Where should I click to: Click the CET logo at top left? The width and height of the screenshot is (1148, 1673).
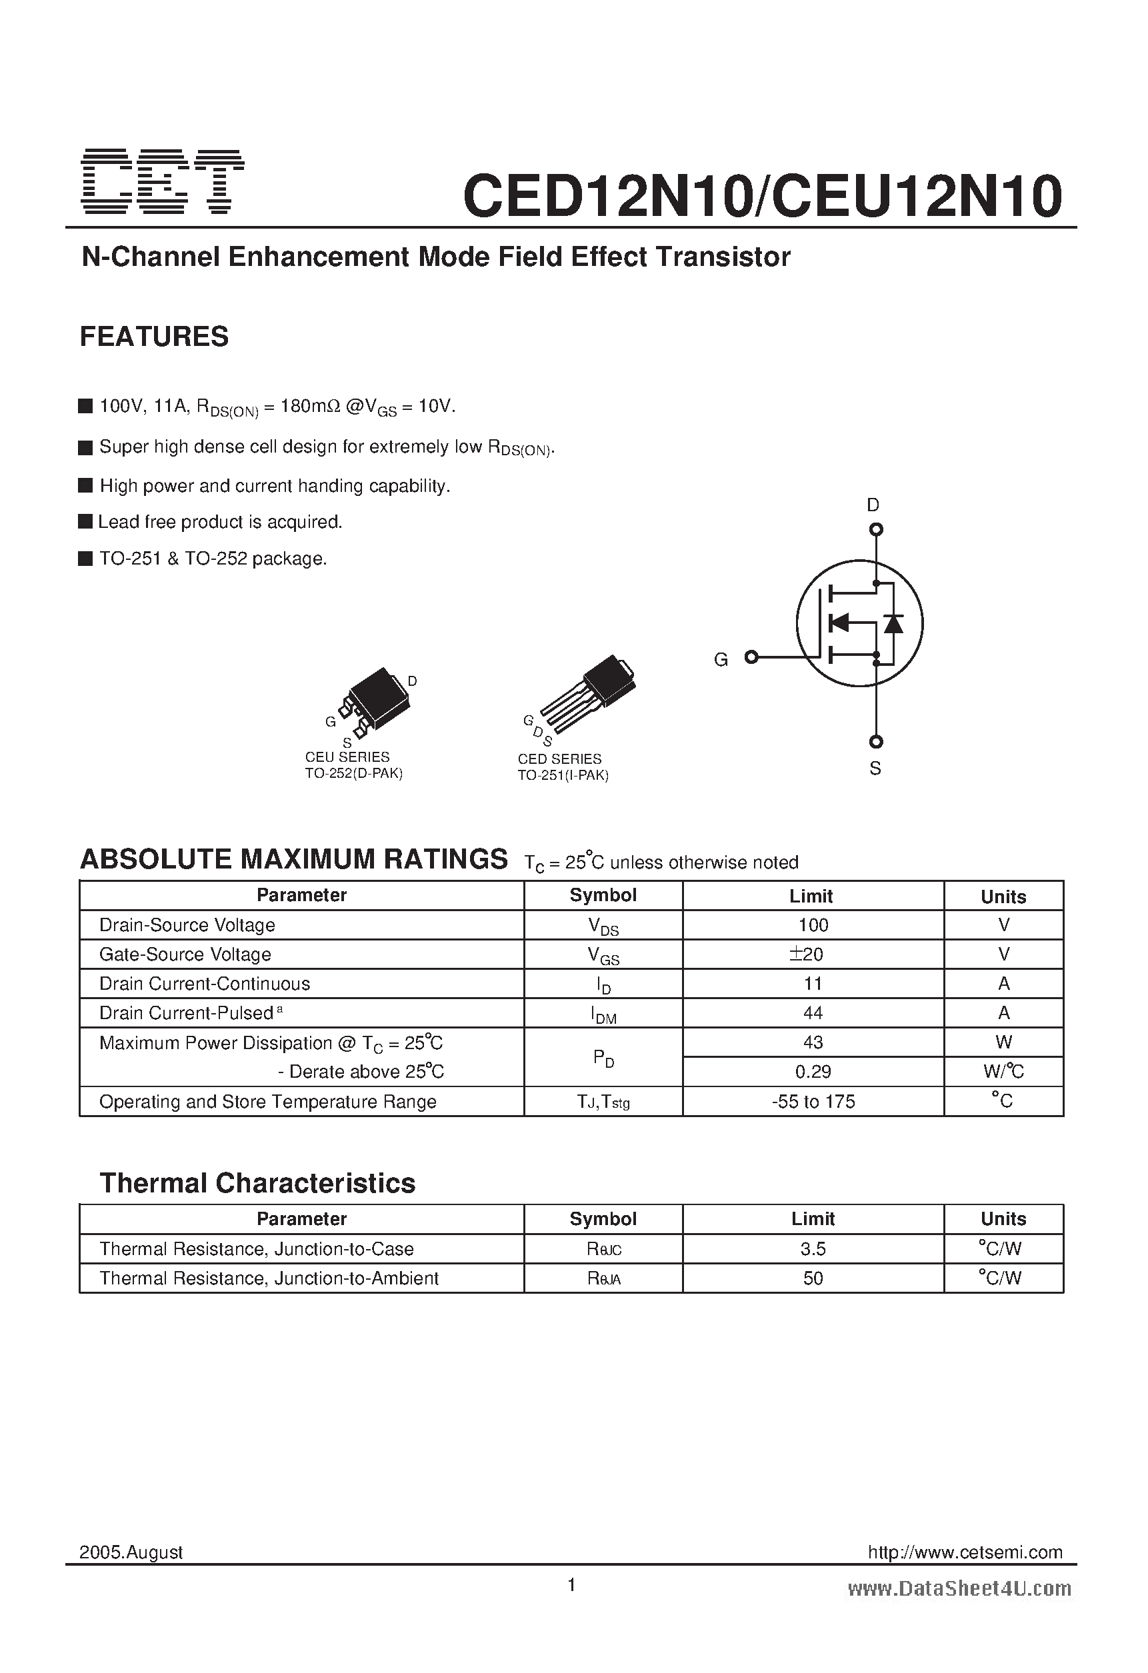click(162, 181)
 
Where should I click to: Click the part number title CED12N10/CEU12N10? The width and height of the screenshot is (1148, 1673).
click(762, 197)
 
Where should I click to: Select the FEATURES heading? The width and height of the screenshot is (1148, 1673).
click(154, 337)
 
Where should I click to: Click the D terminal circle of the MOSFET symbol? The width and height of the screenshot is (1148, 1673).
click(876, 530)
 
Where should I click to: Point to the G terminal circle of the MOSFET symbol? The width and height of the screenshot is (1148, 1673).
click(751, 657)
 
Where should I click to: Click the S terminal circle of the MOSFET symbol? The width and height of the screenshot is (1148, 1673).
click(876, 741)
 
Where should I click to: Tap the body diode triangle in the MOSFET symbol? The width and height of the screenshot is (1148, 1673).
click(893, 623)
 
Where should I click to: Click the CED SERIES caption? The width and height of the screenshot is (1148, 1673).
click(559, 759)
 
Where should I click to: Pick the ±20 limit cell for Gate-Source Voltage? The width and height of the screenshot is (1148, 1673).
click(813, 954)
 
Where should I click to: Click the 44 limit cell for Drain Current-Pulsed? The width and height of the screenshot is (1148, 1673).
click(813, 1013)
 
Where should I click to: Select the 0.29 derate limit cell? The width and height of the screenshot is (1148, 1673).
click(813, 1072)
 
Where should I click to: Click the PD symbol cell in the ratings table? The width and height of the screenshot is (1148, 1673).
click(603, 1058)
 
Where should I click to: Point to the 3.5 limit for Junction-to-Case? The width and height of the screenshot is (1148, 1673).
click(813, 1249)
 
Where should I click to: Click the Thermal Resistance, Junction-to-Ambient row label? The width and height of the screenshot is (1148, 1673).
click(269, 1278)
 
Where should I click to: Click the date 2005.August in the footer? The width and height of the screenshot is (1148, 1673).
click(131, 1552)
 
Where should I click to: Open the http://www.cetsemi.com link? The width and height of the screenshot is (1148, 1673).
click(965, 1552)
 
